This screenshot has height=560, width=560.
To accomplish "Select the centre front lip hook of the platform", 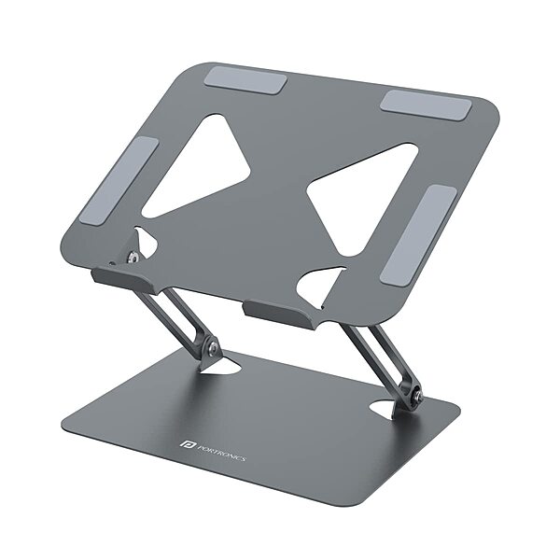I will pos(279,313).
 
